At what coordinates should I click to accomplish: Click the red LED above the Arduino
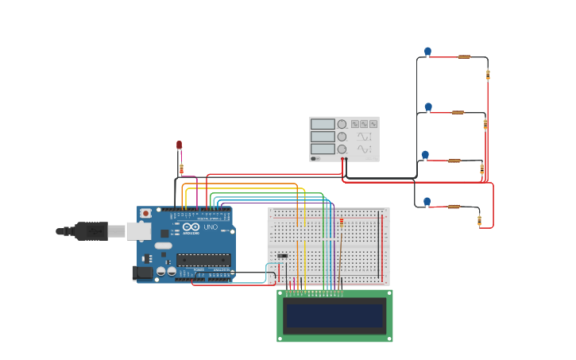click(x=180, y=145)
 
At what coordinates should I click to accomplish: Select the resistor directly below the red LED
click(x=181, y=168)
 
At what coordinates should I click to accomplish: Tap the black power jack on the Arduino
click(x=144, y=273)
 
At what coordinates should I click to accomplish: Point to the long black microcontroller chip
click(x=203, y=259)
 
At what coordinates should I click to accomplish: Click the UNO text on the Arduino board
click(x=211, y=227)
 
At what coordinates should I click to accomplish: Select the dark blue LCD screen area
click(x=334, y=315)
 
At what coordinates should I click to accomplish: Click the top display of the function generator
click(x=323, y=124)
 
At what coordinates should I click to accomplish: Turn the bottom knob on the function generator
click(x=342, y=149)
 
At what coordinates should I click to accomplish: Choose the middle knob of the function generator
click(x=342, y=137)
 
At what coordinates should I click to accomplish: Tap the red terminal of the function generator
click(x=342, y=159)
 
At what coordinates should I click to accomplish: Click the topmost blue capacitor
click(x=427, y=52)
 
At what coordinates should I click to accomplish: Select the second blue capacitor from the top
click(x=428, y=106)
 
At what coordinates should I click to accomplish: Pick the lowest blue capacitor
click(x=427, y=202)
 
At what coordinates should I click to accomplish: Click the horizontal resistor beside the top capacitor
click(x=464, y=56)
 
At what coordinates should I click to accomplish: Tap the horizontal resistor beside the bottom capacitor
click(x=454, y=207)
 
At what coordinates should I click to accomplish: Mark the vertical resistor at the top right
click(x=488, y=75)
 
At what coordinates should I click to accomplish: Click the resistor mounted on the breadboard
click(x=342, y=223)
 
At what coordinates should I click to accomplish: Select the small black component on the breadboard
click(x=282, y=256)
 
